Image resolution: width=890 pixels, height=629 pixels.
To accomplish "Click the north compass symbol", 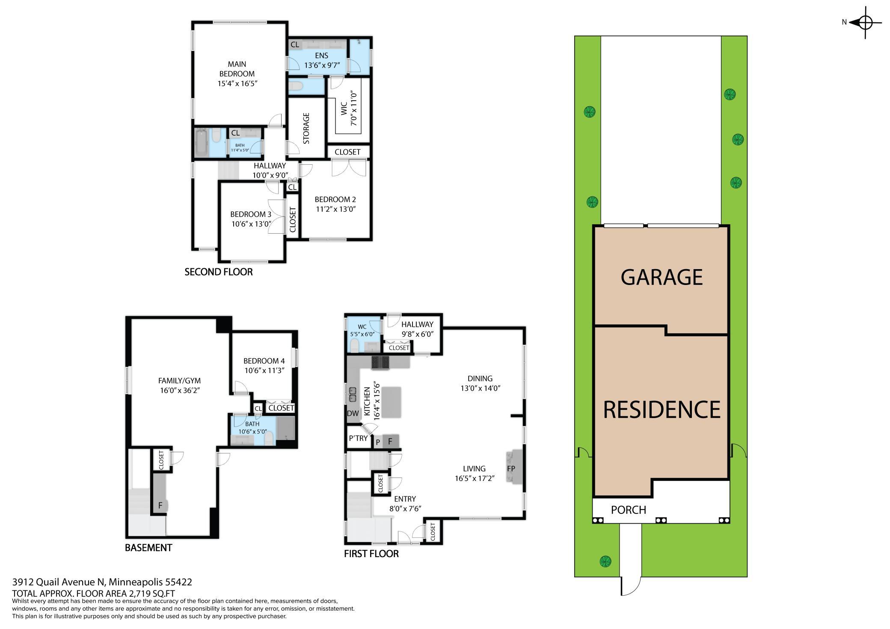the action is pos(865,22).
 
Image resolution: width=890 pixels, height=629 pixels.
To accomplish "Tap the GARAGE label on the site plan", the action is pos(662,277).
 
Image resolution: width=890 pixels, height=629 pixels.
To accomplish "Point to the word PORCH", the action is pos(628,510).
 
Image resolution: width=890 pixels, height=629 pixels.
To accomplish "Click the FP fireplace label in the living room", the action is pos(511,469).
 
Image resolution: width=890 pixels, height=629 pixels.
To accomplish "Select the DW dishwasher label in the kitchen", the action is pos(353,413).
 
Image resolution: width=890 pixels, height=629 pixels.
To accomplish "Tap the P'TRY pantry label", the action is pos(358,438).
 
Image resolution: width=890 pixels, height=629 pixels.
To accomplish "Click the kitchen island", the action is pos(392,402).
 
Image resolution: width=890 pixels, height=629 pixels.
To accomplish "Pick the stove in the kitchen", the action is pos(380,362).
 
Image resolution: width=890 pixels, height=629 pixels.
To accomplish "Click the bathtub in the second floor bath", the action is pos(201,142).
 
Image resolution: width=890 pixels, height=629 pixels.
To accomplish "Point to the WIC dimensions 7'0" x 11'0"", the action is pos(353,108).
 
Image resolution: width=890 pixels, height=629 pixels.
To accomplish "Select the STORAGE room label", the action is pos(306,128).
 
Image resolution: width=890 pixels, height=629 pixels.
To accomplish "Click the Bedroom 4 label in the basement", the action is pos(264,361).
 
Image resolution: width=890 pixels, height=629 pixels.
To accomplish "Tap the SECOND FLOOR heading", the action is pos(219,272).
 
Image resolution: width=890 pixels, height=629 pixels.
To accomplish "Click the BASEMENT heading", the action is pos(148,548).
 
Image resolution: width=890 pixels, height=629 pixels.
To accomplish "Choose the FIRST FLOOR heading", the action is pos(371,554).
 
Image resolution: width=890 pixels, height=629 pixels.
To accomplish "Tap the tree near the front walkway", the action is pos(605,561).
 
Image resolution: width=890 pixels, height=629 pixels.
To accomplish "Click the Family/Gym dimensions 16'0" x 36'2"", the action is pos(179,390).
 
